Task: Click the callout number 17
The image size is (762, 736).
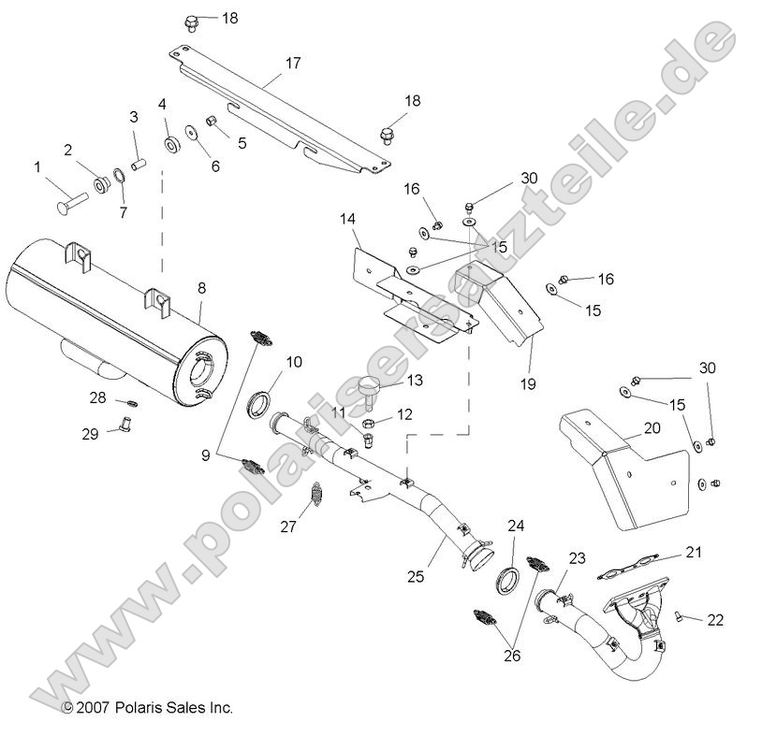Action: pos(293,63)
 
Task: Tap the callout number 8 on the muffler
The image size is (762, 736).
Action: pos(201,288)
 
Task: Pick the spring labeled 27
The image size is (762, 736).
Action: pos(316,494)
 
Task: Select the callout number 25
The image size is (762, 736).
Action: pos(416,576)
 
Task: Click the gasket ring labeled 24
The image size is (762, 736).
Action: pos(506,578)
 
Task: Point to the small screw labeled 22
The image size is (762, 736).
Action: pos(678,616)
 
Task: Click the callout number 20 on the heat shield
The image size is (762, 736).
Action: pos(652,428)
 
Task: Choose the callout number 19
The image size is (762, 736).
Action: pos(528,384)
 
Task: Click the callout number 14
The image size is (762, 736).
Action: pos(347,220)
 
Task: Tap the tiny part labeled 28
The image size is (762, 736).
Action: pos(133,402)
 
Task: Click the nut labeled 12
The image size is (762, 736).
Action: pos(369,421)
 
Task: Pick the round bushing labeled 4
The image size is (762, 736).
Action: pos(171,144)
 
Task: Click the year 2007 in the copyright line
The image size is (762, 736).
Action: pos(92,708)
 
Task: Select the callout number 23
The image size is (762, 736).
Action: pos(578,558)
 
